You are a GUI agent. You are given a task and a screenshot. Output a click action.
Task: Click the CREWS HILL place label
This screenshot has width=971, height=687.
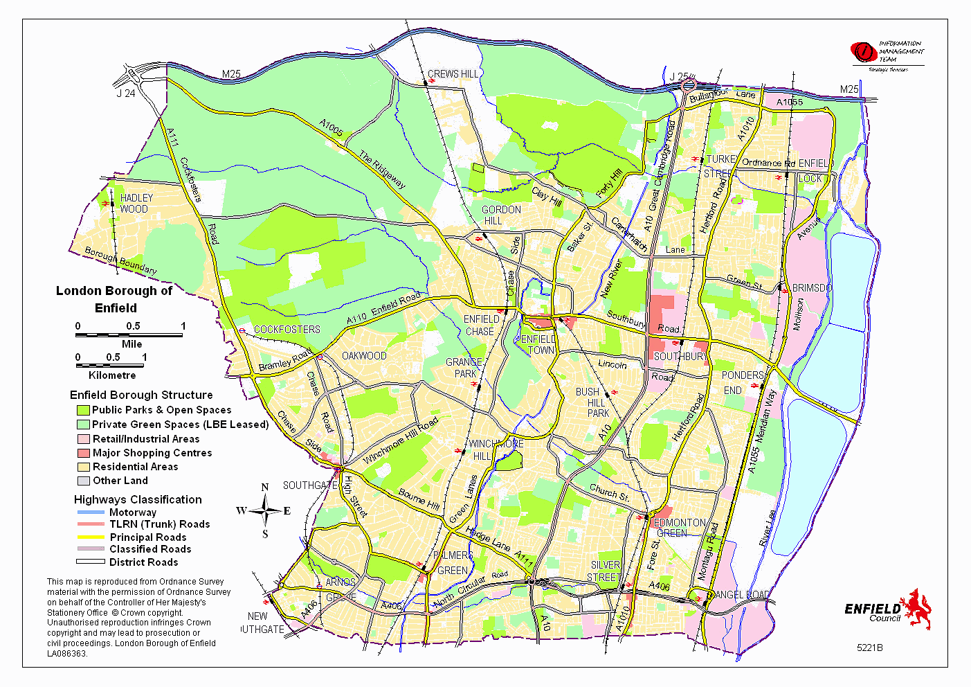point(453,74)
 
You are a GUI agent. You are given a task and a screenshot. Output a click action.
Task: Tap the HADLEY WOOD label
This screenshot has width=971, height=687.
point(136,204)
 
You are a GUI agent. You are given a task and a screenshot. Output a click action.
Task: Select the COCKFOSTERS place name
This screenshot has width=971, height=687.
point(287,330)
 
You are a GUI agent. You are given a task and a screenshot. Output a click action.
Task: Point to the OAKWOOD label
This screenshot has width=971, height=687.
point(364,356)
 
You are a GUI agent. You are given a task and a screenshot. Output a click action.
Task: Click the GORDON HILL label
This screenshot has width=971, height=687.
point(500,215)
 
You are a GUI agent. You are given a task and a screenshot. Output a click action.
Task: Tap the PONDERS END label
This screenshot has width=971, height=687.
point(742,382)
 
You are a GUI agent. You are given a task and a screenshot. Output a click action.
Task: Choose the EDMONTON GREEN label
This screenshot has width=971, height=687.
point(679,528)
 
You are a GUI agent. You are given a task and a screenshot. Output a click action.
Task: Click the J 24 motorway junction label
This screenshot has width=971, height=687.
point(125,93)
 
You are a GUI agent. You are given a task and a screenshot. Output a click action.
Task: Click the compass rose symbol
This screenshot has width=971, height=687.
point(264,512)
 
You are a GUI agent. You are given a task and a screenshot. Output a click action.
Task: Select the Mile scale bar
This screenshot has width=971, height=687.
point(129,335)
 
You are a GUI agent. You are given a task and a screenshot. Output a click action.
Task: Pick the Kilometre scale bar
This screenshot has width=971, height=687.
point(110,366)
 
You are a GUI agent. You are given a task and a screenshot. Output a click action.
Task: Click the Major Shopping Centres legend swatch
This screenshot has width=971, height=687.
point(84,453)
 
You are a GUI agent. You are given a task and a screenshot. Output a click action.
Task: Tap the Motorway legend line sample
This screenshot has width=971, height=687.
point(90,512)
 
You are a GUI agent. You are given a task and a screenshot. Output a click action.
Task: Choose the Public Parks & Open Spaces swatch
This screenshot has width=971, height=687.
point(84,410)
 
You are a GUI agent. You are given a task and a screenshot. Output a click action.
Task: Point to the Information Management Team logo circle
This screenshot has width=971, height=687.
point(863,52)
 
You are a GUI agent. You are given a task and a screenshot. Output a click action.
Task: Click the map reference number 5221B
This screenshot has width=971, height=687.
point(869,648)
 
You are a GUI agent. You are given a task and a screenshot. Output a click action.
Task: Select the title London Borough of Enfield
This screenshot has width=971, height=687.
point(114,299)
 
